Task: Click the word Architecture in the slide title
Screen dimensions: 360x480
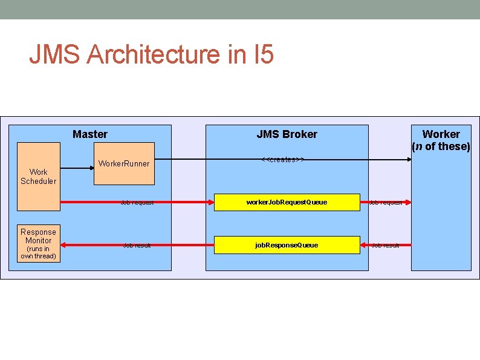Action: [x=154, y=54]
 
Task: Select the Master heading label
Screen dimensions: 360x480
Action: [x=90, y=134]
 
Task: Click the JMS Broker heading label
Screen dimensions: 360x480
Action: [x=287, y=134]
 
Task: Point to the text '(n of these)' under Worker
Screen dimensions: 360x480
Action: [x=441, y=146]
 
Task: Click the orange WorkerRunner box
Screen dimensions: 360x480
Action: [x=124, y=163]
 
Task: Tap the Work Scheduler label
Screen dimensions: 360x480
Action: [x=38, y=176]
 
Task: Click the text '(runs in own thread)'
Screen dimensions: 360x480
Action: [x=38, y=252]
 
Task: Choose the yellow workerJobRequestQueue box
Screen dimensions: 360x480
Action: [x=287, y=202]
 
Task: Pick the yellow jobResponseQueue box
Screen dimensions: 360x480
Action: [x=287, y=245]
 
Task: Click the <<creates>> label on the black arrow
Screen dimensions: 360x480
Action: [x=282, y=160]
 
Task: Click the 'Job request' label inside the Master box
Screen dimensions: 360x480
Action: [x=137, y=203]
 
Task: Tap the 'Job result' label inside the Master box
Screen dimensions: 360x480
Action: [x=137, y=245]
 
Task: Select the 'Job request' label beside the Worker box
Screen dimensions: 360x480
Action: [x=386, y=203]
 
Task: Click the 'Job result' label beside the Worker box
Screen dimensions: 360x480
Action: [x=386, y=245]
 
